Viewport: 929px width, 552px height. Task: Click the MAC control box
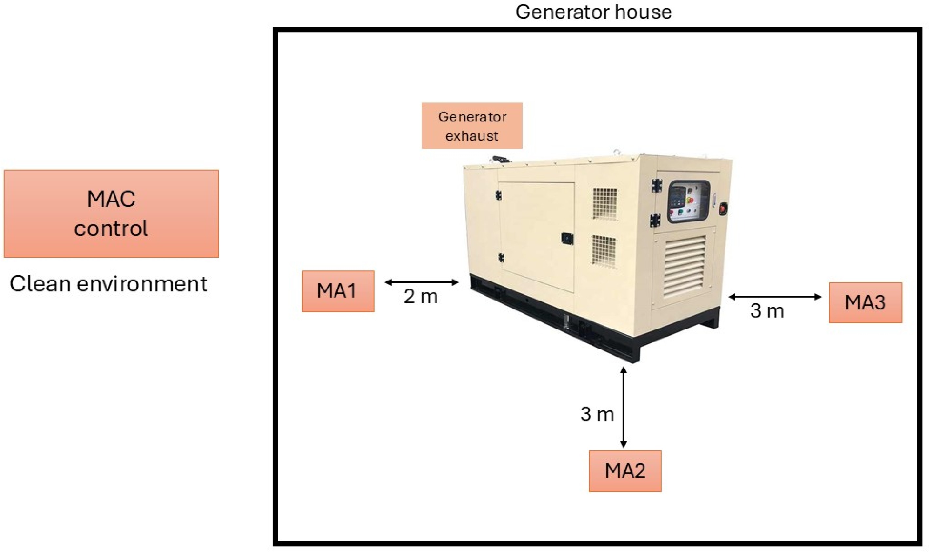111,213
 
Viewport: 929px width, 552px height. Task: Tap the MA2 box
625,470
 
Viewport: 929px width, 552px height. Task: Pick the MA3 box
865,302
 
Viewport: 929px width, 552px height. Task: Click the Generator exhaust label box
472,126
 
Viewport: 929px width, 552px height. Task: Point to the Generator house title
593,12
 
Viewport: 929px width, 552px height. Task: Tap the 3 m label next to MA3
766,311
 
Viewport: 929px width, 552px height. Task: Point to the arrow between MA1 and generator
421,282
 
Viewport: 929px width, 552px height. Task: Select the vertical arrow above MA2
623,407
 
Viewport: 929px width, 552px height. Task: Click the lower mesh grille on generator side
603,249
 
